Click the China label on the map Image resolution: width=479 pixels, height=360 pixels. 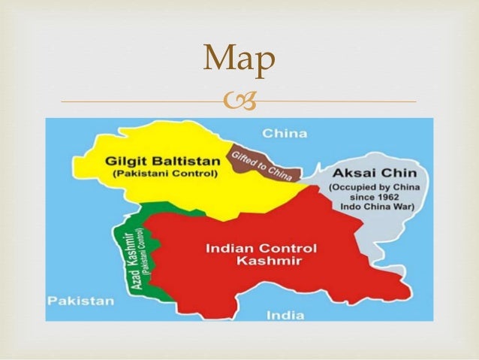coord(285,134)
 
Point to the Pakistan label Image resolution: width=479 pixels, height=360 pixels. coord(80,300)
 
